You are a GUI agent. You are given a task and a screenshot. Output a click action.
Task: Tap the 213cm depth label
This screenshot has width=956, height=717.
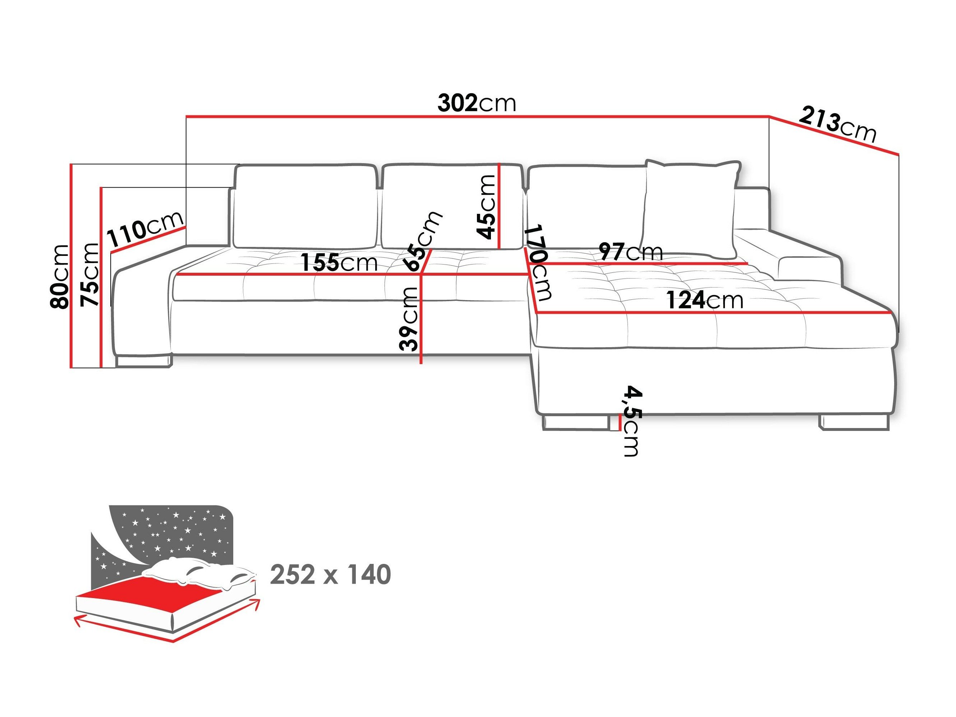[837, 125]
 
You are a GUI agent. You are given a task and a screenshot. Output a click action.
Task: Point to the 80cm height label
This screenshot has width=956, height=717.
[60, 277]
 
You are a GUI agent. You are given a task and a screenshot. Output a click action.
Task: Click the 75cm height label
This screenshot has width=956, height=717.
[90, 275]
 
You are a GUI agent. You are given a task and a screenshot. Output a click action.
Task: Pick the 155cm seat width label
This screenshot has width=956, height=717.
[339, 262]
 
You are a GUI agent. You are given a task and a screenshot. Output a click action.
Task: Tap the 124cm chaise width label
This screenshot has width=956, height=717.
[704, 300]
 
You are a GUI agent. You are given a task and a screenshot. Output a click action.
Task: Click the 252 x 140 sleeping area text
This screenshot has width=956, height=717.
[330, 574]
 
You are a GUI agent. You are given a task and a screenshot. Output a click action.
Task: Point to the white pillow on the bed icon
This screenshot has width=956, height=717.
[199, 573]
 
